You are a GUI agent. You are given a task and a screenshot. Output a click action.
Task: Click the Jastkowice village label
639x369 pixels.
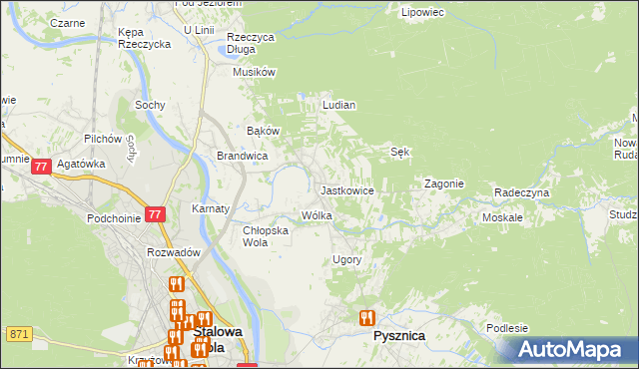[346, 189]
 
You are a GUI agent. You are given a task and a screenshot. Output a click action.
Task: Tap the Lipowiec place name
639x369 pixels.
[421, 13]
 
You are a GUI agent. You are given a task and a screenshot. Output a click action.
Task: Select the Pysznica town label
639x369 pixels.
[398, 336]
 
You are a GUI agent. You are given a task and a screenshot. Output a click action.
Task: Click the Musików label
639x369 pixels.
[254, 72]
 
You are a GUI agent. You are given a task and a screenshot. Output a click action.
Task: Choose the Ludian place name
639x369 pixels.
[338, 104]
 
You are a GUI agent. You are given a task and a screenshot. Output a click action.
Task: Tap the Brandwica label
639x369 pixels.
[242, 156]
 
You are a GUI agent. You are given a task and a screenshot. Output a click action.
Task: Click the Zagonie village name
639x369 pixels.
[443, 184]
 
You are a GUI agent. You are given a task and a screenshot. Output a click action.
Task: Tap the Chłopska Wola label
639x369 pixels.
[266, 235]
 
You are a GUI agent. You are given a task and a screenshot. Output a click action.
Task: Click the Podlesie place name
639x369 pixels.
[508, 328]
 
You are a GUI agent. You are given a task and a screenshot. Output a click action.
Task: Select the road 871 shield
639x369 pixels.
[19, 333]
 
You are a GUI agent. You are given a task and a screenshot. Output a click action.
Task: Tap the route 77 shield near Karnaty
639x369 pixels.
[154, 213]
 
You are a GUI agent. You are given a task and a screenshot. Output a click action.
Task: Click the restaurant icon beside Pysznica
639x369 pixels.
[366, 318]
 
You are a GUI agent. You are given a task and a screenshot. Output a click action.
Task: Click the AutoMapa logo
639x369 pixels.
[570, 350]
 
